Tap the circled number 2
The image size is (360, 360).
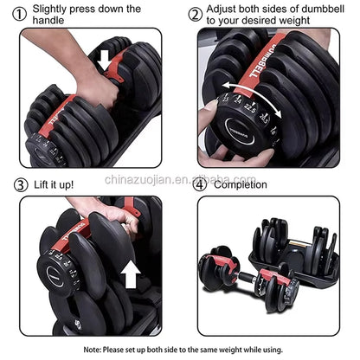tap(196, 14)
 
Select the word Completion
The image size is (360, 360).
tap(247, 184)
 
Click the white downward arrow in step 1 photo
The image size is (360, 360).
tap(105, 61)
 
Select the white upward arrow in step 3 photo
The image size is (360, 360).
tap(132, 277)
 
